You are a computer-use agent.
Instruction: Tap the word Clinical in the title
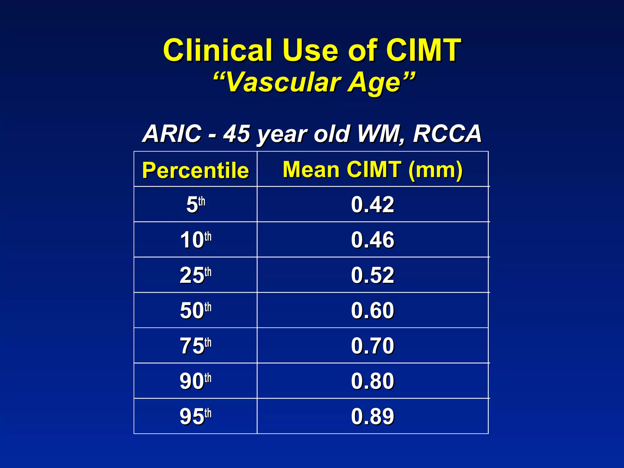(x=217, y=50)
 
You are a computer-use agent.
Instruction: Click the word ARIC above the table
(x=172, y=134)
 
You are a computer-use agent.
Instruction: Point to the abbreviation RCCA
(x=447, y=134)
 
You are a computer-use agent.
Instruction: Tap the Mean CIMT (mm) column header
(x=372, y=169)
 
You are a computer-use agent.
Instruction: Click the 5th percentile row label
(x=196, y=204)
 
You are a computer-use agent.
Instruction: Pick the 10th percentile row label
(x=196, y=240)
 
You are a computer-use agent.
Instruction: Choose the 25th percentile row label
(x=196, y=275)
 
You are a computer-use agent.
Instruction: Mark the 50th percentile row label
(x=196, y=310)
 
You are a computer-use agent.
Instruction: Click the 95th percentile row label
(x=196, y=417)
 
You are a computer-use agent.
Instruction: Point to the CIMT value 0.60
(x=372, y=310)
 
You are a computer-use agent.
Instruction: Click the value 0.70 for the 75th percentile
(x=372, y=346)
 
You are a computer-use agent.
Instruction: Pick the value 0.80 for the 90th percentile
(x=372, y=381)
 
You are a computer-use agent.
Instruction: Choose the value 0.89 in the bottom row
(x=372, y=417)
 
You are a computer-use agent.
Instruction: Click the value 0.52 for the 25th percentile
(x=372, y=275)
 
